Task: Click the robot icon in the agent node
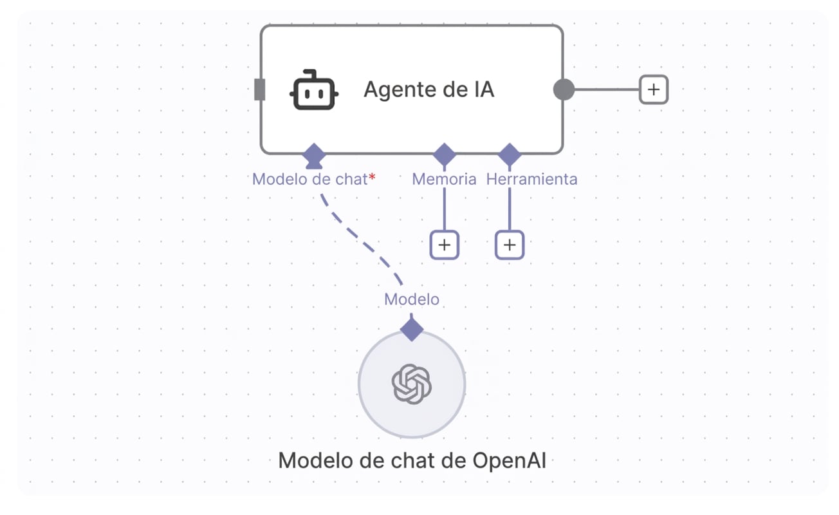314,90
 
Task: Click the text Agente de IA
429,89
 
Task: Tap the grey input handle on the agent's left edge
259,89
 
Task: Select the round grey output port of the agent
564,89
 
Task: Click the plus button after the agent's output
654,89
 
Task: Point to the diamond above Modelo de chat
314,154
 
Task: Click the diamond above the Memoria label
444,154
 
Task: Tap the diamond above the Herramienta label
510,154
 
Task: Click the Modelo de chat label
309,179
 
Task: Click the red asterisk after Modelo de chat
372,176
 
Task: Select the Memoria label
444,179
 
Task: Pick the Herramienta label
531,179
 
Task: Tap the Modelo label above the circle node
412,299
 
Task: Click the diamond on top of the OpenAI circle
412,330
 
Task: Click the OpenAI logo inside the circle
412,384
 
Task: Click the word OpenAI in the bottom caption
509,461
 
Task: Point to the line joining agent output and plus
607,89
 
